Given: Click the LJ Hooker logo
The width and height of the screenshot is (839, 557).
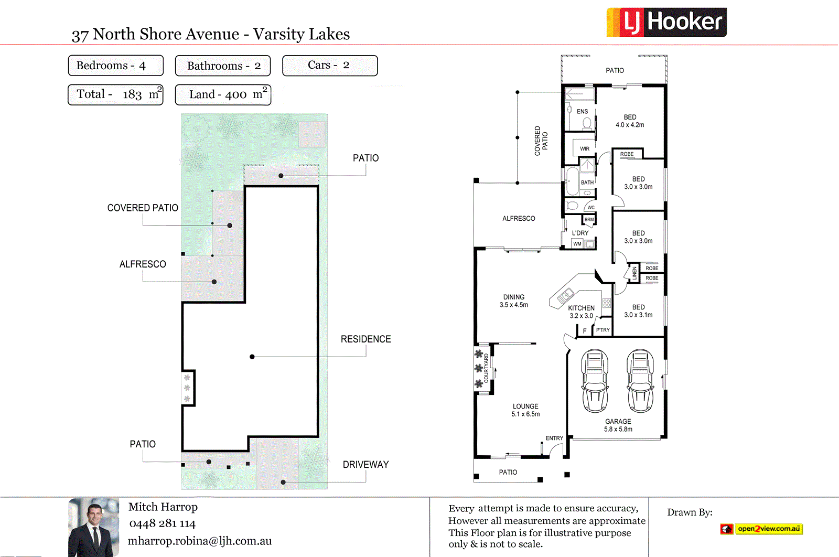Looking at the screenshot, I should [666, 22].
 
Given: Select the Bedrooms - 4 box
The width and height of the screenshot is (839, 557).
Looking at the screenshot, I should [115, 66].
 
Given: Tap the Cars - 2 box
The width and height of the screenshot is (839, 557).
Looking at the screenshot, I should [330, 66].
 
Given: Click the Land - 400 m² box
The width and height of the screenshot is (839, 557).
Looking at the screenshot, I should [223, 95].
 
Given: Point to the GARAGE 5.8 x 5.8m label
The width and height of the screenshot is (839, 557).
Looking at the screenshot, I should [618, 425].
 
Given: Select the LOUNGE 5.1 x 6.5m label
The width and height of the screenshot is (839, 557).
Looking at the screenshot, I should [525, 410].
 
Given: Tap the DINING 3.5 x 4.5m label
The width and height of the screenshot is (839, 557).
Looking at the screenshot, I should [514, 301].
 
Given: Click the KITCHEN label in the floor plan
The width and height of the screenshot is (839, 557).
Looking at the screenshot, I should [581, 308].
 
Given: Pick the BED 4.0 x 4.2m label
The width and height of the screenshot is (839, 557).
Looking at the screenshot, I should [630, 121].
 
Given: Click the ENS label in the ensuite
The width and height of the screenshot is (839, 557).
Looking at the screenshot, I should [582, 112].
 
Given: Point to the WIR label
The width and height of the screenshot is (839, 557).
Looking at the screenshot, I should [584, 149].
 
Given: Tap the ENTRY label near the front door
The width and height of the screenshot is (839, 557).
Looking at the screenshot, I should [554, 438].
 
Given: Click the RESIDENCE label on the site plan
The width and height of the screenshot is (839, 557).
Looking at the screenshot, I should [365, 339].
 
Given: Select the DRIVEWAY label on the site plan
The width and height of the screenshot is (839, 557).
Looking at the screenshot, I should [365, 465].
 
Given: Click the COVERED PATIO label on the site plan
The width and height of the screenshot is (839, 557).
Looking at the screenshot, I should [143, 208].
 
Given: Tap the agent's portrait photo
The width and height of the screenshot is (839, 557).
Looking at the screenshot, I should [93, 527].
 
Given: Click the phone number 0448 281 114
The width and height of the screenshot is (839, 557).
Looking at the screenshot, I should [162, 523].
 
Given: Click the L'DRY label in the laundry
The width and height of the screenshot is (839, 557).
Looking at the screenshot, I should [580, 233].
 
